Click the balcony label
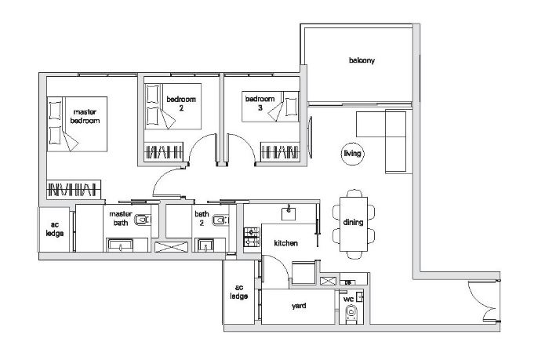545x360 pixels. pos(362,60)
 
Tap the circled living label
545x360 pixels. pos(352,153)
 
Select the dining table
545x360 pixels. pos(354,224)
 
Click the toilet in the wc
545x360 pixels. pos(351,314)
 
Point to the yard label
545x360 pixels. pos(299,306)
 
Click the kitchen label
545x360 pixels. pos(285,243)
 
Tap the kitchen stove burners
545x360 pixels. pos(252,237)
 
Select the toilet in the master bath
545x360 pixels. pos(143,220)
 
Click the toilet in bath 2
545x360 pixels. pos(220,220)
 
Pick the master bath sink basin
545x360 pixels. pos(120,245)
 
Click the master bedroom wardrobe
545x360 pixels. pos(74,189)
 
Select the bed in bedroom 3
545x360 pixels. pos(271,107)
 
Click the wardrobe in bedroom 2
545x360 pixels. pos(163,152)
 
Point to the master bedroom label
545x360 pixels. pos(85,116)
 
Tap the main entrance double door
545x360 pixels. pos(485,301)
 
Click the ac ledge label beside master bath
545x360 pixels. pos(55,229)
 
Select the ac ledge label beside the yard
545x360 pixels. pos(239,292)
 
